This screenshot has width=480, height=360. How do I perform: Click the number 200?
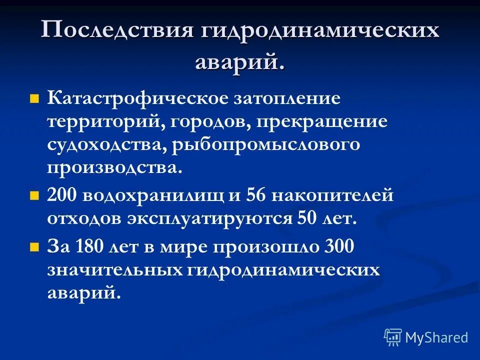(63, 195)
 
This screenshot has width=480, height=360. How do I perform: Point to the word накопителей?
(332, 195)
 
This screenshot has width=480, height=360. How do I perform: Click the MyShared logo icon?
(392, 337)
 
